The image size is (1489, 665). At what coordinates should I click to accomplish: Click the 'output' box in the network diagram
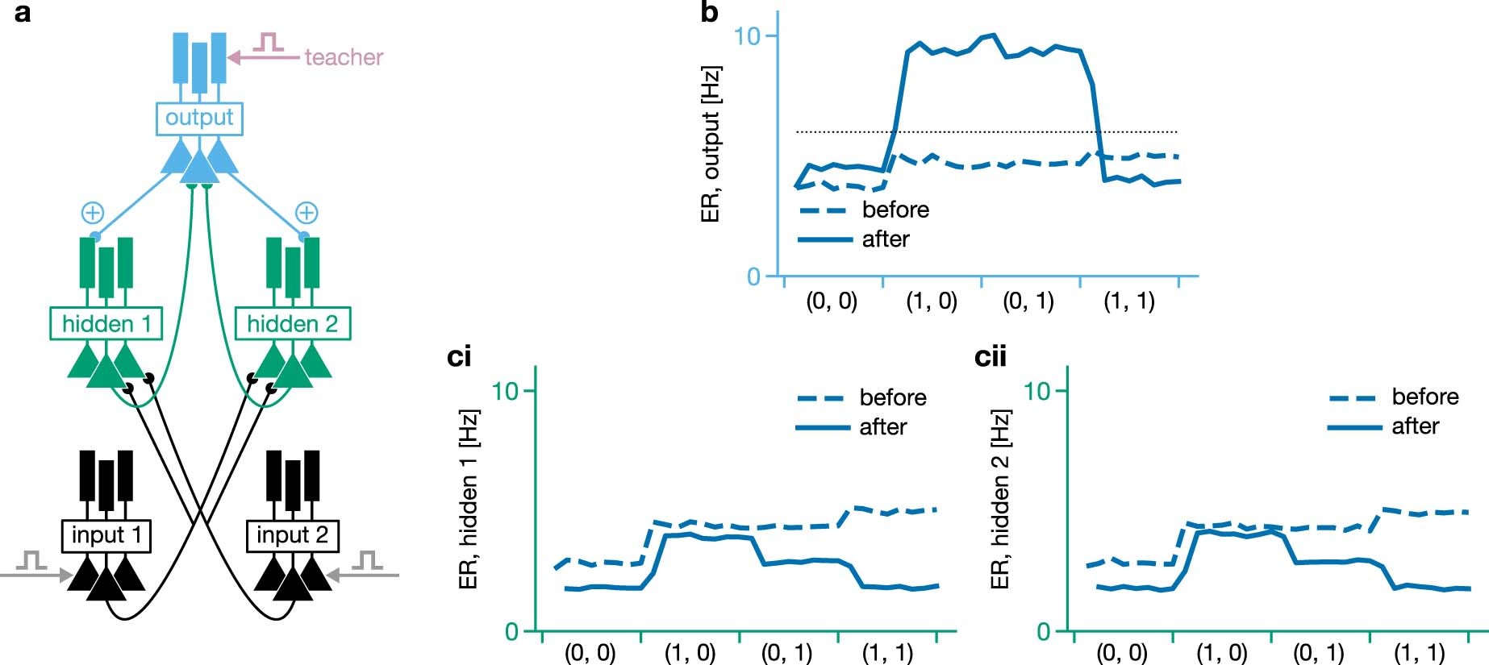click(198, 118)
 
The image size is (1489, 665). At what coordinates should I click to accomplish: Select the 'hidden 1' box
click(106, 324)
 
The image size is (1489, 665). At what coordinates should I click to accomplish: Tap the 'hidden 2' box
click(292, 324)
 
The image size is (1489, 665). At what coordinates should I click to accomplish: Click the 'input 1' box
click(106, 535)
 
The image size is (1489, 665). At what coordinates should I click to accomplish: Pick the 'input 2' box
click(292, 535)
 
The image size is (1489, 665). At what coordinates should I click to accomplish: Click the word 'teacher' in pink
click(344, 57)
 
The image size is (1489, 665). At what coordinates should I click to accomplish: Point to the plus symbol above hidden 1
click(93, 213)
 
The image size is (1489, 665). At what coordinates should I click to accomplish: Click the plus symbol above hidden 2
click(306, 213)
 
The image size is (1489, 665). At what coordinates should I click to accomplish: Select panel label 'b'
click(709, 13)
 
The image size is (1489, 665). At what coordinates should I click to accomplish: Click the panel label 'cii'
click(991, 356)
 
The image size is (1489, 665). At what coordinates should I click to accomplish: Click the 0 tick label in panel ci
click(511, 631)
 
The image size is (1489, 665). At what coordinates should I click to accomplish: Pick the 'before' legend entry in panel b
click(895, 210)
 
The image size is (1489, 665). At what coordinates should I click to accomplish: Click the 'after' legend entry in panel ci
click(882, 426)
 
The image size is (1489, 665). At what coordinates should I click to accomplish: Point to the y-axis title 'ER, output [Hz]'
click(711, 144)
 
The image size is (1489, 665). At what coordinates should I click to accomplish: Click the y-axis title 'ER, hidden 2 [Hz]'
click(1000, 500)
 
